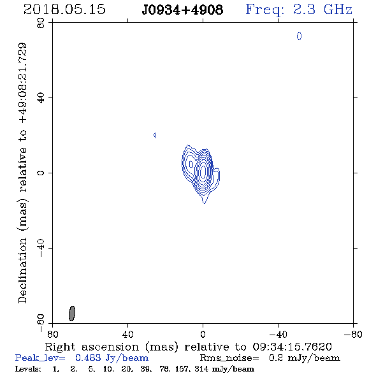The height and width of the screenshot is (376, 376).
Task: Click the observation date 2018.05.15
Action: tap(64, 10)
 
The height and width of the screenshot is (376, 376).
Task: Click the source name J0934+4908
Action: tap(182, 10)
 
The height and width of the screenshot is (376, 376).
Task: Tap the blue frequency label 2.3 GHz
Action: tap(322, 10)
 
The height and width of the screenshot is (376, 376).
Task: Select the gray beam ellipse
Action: tap(72, 314)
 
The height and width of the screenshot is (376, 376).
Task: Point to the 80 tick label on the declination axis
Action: tap(41, 23)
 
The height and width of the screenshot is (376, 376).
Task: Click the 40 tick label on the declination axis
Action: tap(41, 98)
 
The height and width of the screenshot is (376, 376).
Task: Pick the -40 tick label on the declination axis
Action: tap(41, 248)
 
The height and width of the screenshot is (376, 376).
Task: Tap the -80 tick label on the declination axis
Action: tap(41, 322)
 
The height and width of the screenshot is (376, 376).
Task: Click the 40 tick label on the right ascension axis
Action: tap(127, 335)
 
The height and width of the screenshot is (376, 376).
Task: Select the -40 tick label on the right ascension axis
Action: tap(278, 335)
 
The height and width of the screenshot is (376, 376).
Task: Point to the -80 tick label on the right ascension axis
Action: tap(353, 335)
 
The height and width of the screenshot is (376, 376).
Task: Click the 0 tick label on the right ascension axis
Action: tap(203, 335)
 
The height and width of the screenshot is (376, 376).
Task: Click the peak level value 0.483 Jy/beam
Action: tap(112, 358)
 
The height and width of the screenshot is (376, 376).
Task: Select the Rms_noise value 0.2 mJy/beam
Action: tap(305, 358)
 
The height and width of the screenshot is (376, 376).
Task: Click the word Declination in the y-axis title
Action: tap(22, 270)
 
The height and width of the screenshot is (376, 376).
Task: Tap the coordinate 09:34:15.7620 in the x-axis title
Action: tap(292, 347)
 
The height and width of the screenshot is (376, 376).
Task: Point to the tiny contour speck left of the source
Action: tap(155, 135)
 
